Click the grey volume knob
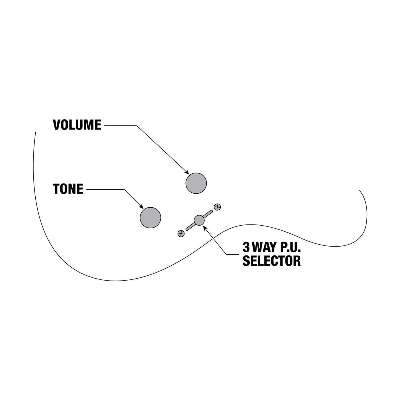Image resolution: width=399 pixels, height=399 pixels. (196, 183)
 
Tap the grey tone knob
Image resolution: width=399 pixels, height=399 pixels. (150, 218)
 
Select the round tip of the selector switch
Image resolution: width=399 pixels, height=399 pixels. (199, 220)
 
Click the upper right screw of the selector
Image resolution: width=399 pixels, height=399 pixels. (217, 207)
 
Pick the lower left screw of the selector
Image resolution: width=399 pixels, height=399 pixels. (181, 234)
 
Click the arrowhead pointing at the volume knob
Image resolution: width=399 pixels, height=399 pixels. (187, 172)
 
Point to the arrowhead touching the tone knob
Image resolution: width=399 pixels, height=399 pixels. (141, 207)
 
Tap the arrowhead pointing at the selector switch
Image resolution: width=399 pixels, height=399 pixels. (205, 228)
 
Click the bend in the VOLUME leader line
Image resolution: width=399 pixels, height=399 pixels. (137, 126)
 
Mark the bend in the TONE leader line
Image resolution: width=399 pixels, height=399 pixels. (124, 189)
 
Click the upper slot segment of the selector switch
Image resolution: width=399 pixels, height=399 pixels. (208, 214)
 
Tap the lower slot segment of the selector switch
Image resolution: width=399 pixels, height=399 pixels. (190, 226)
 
